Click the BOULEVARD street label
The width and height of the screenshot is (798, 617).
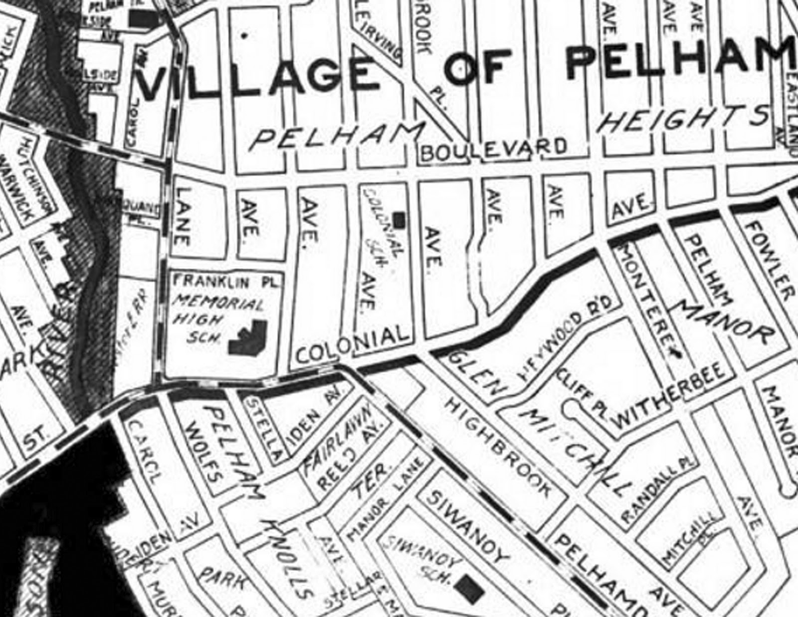click(x=494, y=149)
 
